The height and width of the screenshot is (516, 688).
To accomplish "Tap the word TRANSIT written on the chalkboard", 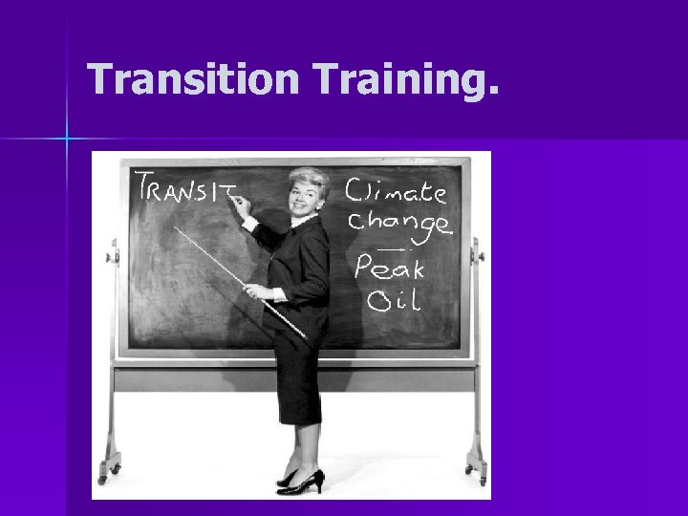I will click(x=186, y=192).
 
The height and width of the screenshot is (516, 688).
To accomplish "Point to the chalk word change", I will click(x=398, y=223).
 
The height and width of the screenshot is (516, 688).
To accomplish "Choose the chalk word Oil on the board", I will click(x=393, y=302).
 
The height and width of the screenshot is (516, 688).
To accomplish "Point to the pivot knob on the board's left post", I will click(x=112, y=255).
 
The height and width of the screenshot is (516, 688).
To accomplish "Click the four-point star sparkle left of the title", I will click(x=67, y=140).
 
